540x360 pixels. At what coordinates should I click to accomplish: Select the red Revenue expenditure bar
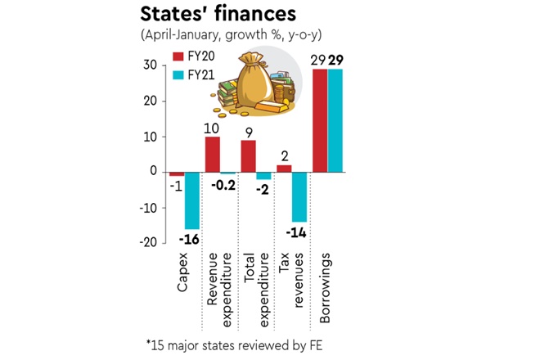pyautogui.click(x=212, y=155)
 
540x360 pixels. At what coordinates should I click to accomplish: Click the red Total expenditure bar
pyautogui.click(x=248, y=156)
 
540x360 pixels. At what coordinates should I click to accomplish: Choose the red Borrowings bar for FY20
pyautogui.click(x=320, y=121)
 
